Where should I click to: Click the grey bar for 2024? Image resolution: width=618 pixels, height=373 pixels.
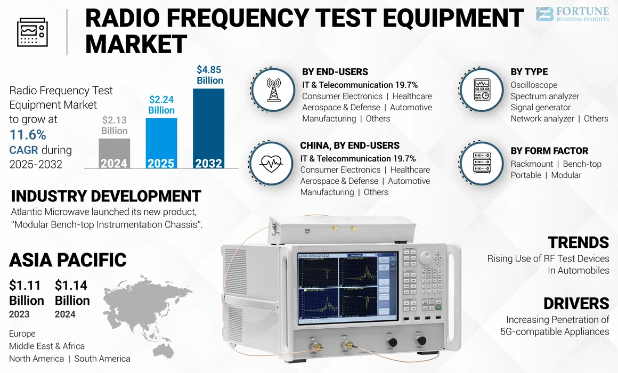[x=114, y=153]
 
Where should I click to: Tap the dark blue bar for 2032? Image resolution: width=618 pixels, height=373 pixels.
[x=208, y=128]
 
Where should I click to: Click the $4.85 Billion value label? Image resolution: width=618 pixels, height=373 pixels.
[x=209, y=75]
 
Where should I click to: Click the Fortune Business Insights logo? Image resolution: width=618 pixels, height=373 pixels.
[x=573, y=14]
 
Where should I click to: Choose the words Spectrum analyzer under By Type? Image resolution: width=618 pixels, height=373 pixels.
[x=544, y=96]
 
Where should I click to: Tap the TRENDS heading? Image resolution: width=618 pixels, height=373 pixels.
[x=578, y=242]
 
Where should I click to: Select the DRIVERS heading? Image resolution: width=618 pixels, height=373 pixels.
[x=576, y=303]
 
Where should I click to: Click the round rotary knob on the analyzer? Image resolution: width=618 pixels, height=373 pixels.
[x=425, y=258]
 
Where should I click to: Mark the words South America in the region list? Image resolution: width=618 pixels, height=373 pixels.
[x=102, y=359]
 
